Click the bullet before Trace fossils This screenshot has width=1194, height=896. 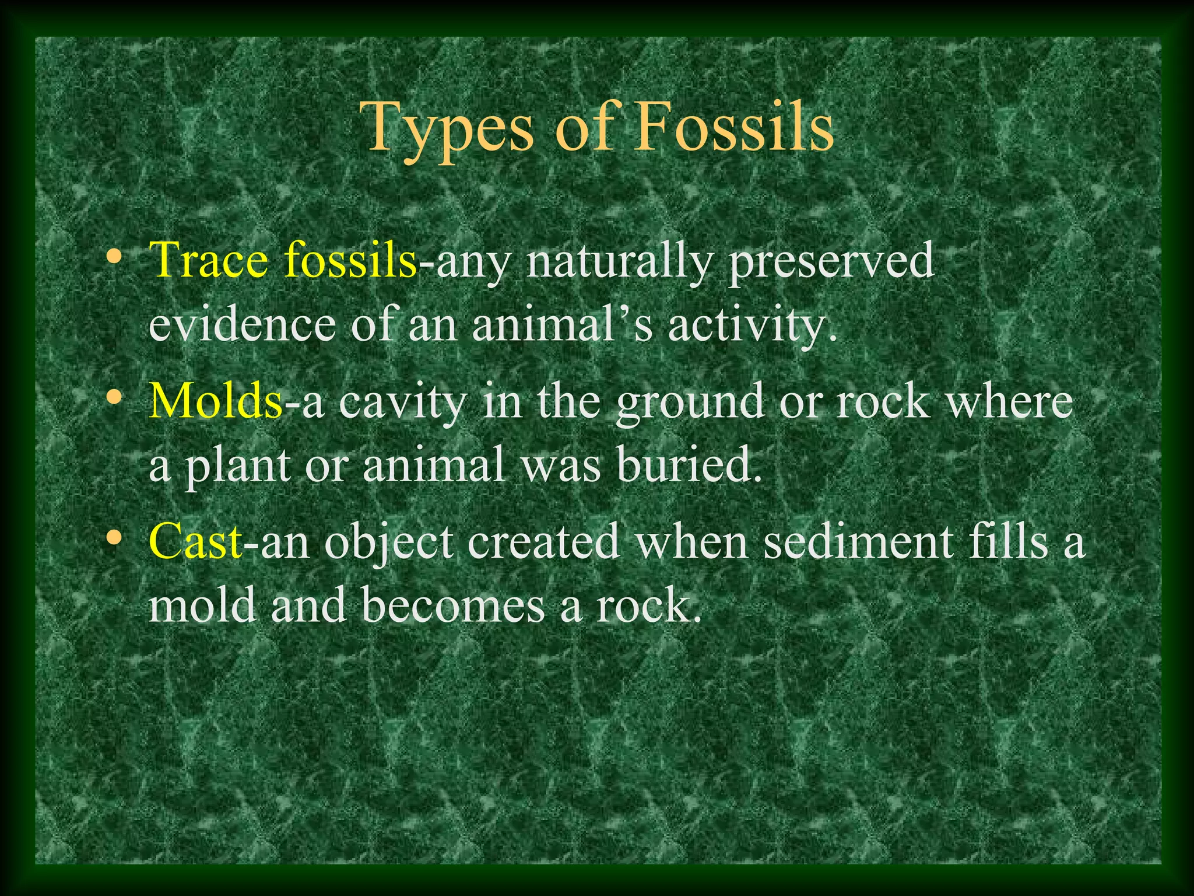(115, 257)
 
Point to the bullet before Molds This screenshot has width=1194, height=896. (115, 398)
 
